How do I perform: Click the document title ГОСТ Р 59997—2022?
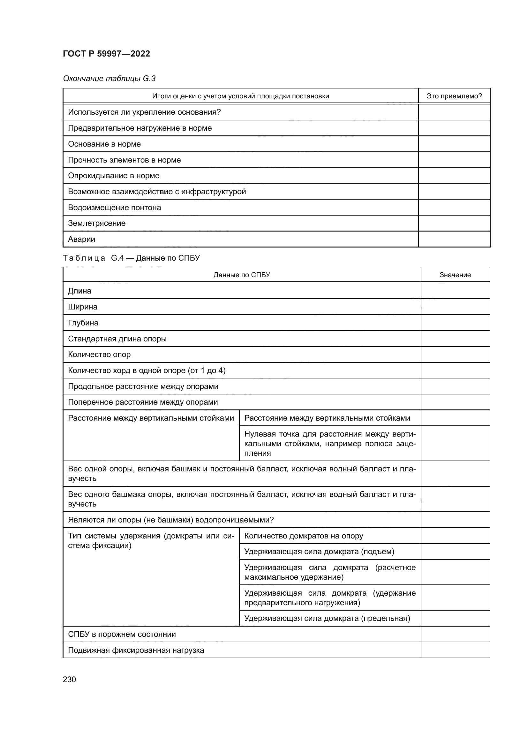click(x=106, y=54)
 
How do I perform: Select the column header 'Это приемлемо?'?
click(x=454, y=96)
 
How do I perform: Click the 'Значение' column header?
click(x=455, y=275)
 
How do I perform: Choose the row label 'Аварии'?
click(x=82, y=239)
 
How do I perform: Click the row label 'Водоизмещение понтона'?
click(x=115, y=208)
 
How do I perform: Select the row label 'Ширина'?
click(x=83, y=307)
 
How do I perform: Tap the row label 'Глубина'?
click(x=83, y=323)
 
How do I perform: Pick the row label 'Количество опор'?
click(x=99, y=354)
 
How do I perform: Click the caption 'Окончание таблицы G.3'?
click(x=109, y=79)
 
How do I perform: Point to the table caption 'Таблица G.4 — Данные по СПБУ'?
click(x=131, y=258)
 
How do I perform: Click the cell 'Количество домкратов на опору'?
click(x=303, y=536)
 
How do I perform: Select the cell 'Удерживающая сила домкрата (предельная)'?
click(x=327, y=618)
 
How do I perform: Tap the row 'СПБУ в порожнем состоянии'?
click(x=122, y=634)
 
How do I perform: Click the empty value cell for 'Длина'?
click(x=455, y=291)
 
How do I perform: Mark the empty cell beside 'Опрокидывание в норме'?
click(x=454, y=176)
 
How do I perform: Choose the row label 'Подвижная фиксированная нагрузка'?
click(x=136, y=650)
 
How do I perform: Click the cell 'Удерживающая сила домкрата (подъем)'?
click(x=319, y=552)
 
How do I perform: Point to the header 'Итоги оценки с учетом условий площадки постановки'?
click(x=241, y=96)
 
